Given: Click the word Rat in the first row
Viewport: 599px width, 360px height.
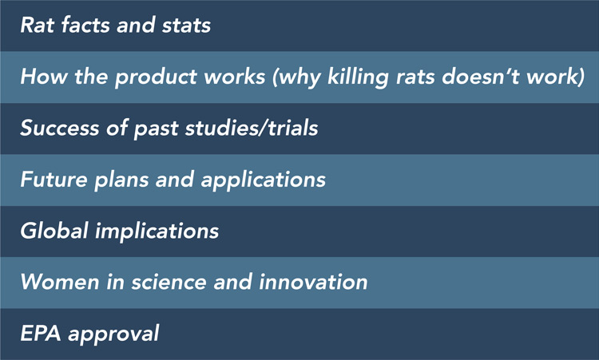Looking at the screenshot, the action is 37,26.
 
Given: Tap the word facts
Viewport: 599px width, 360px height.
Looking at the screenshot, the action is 86,25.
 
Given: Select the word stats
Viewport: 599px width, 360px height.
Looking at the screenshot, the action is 186,26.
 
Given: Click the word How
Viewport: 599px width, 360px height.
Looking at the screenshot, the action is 44,77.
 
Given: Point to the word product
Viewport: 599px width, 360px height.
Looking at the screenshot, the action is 157,77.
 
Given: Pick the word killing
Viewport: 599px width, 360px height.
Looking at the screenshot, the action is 358,77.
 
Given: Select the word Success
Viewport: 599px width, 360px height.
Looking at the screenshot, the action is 60,128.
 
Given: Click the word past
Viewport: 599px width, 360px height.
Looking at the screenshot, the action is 156,129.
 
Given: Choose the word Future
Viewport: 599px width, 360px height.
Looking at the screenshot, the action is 54,180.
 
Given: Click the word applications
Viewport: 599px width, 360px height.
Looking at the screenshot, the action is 264,180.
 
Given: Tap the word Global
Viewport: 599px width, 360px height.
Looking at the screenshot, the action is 54,231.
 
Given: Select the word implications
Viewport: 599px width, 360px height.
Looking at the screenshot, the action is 157,231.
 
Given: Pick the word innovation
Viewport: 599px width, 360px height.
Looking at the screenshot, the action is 313,282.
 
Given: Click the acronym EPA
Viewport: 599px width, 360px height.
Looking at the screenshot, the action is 41,334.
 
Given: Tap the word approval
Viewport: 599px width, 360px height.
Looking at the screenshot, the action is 113,334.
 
